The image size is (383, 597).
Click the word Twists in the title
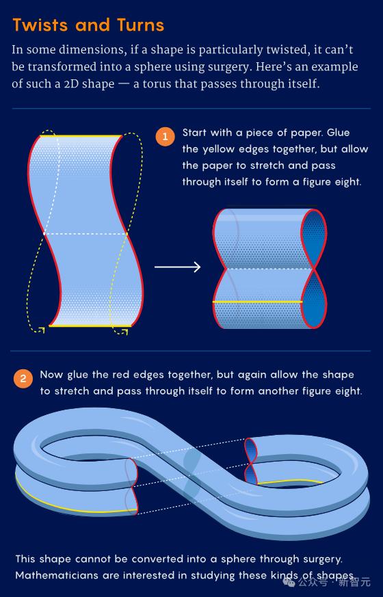click(x=40, y=25)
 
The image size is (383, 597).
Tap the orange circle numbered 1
click(x=166, y=136)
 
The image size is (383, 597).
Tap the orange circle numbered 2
click(x=23, y=378)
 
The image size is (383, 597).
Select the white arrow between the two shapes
click(x=177, y=267)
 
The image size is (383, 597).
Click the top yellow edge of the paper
click(x=81, y=135)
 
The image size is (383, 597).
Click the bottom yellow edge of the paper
click(x=90, y=326)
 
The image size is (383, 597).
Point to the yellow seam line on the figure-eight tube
click(x=257, y=302)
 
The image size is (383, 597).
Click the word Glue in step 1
click(x=338, y=133)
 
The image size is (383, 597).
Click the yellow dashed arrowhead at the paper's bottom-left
click(x=42, y=330)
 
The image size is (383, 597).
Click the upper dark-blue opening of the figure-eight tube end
click(x=314, y=239)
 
